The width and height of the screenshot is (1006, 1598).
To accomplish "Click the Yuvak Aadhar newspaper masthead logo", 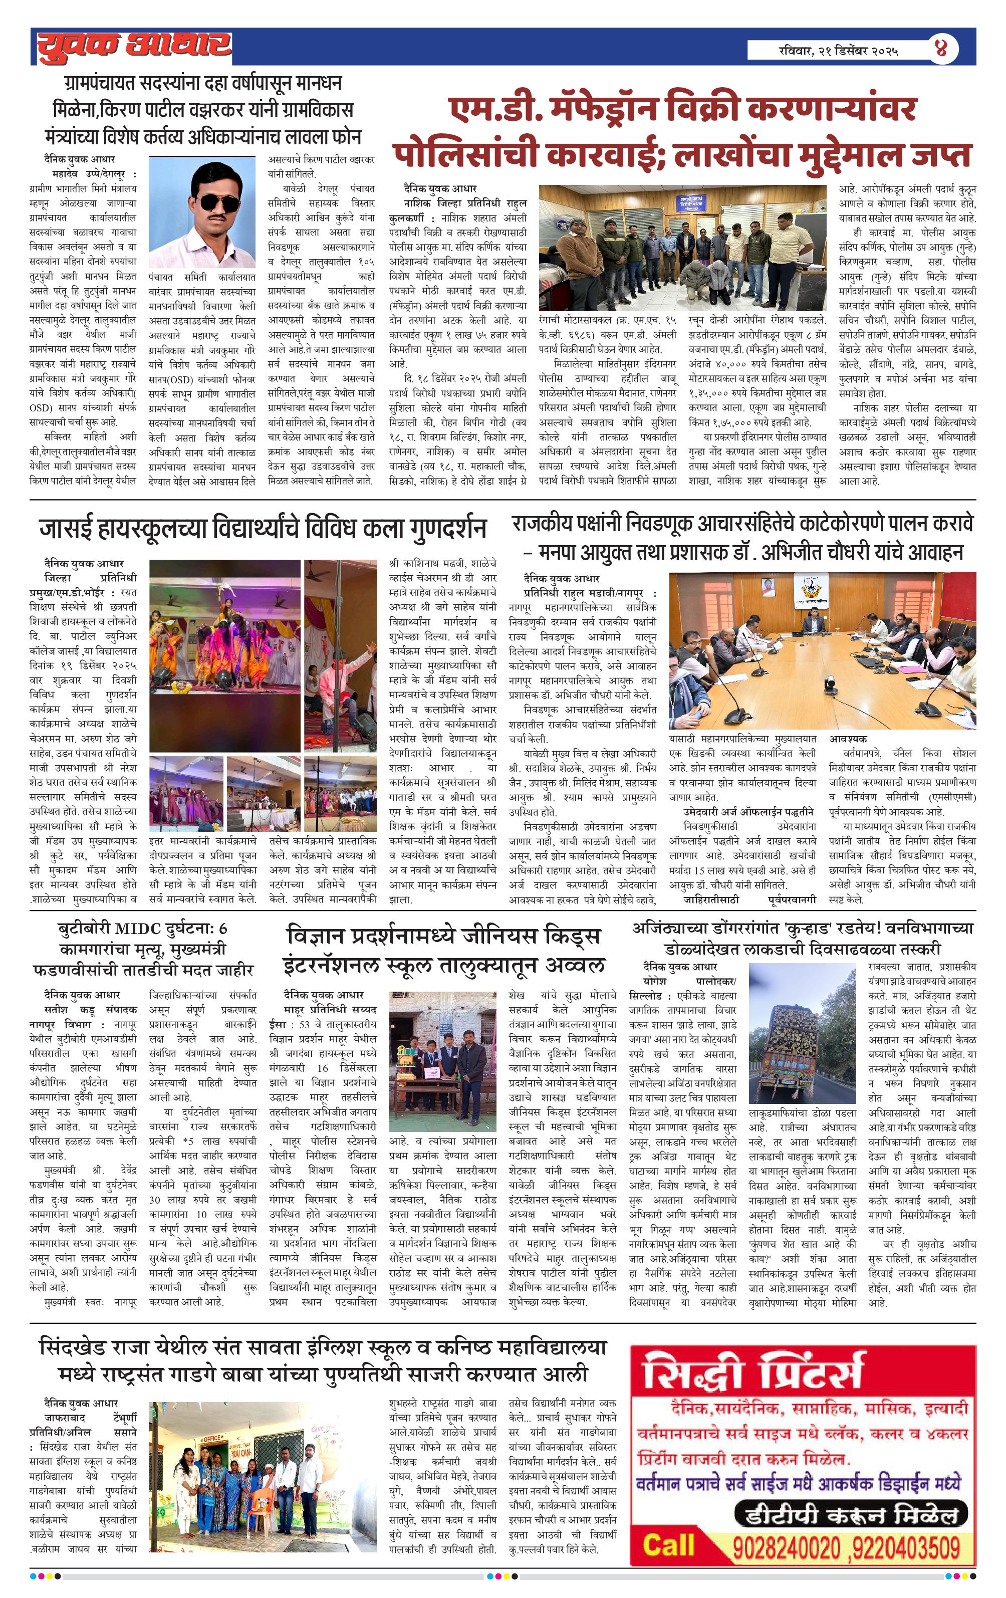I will point(133,47).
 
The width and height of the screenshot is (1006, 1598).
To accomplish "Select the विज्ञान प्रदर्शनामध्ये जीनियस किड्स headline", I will point(444,950).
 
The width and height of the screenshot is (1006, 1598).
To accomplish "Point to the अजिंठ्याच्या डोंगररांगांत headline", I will point(802,938).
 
